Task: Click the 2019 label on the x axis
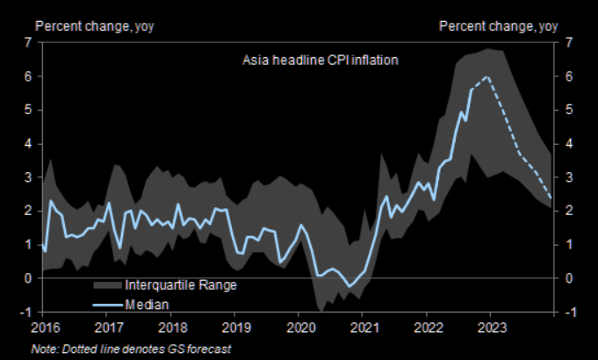coord(236,328)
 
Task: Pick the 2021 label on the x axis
coord(364,328)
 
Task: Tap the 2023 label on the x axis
coord(491,328)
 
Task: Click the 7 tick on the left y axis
coord(28,42)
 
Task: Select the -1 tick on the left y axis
coord(26,312)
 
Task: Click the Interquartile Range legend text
coord(181,284)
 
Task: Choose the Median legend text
coord(147,304)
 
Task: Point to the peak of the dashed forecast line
coord(486,77)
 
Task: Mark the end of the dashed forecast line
coord(551,198)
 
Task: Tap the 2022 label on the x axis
coord(428,328)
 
